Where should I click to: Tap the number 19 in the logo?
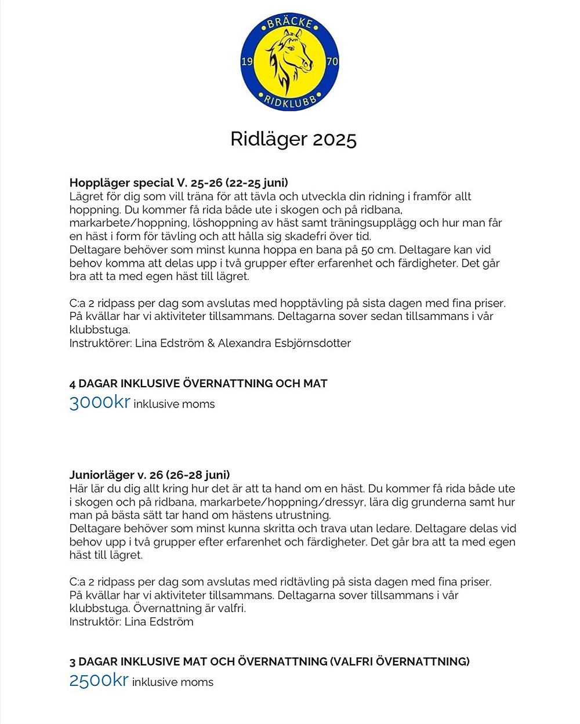[246, 61]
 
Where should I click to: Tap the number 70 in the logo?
[332, 61]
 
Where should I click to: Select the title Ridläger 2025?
[293, 139]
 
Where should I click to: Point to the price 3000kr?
[100, 402]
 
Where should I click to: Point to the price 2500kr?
[99, 681]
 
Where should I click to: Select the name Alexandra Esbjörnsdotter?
[284, 343]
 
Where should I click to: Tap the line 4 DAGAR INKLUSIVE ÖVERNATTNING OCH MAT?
[198, 383]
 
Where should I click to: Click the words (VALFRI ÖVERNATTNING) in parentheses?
[400, 661]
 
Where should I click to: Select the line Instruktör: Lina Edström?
[132, 621]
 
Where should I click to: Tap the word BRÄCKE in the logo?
[290, 24]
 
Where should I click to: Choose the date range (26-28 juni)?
[198, 475]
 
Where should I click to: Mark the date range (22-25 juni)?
[256, 183]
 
